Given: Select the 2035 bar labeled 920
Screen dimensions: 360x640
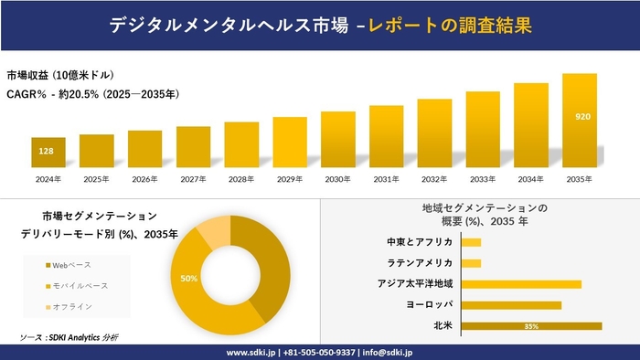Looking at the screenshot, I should pyautogui.click(x=579, y=119).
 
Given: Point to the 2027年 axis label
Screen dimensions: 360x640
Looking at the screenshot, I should pyautogui.click(x=193, y=179).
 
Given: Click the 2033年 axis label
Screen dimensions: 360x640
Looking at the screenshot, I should pyautogui.click(x=482, y=179).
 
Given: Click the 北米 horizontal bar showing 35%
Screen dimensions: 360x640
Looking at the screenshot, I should pyautogui.click(x=531, y=325).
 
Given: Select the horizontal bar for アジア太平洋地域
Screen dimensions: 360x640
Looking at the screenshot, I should pyautogui.click(x=521, y=284).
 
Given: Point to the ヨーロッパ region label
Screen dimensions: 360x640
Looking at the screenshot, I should pyautogui.click(x=430, y=304).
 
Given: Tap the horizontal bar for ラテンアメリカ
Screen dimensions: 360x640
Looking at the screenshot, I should pyautogui.click(x=472, y=263).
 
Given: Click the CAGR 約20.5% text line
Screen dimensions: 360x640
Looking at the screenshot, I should pyautogui.click(x=92, y=93).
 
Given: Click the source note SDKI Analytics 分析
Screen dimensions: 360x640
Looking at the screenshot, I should pyautogui.click(x=69, y=337).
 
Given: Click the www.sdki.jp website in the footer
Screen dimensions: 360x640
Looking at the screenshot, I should pyautogui.click(x=251, y=352).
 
